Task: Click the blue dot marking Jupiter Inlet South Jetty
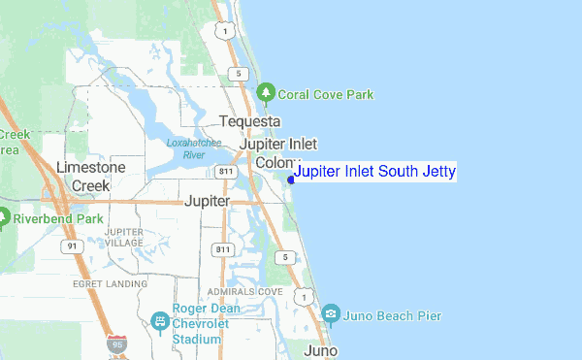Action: (x=291, y=179)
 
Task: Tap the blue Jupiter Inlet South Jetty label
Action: (x=374, y=173)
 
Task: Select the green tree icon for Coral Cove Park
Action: (x=266, y=94)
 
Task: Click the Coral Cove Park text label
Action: (x=326, y=95)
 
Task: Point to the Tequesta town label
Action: (x=249, y=121)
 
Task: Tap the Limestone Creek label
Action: (x=91, y=175)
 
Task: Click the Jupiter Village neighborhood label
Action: (x=123, y=238)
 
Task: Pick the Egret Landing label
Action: (x=109, y=283)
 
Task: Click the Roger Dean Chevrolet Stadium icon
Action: (x=160, y=320)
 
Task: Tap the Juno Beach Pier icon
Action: (x=332, y=314)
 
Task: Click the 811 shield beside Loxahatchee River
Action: (x=225, y=172)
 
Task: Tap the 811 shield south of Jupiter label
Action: (x=224, y=249)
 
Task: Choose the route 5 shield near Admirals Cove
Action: (x=284, y=256)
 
